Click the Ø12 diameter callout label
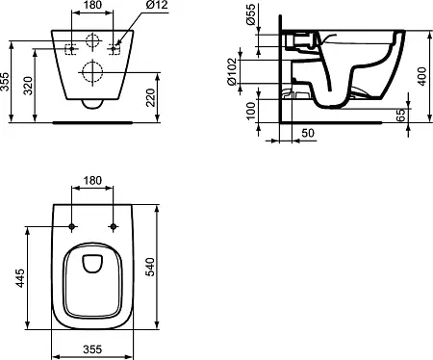point(157,5)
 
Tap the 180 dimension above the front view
point(92,5)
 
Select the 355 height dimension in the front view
point(5,82)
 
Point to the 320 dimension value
point(29,86)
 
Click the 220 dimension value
point(150,97)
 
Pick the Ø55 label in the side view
point(250,14)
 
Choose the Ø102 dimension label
point(232,72)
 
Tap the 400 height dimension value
point(422,76)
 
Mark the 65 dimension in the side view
point(400,115)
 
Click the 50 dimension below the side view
point(308,133)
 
